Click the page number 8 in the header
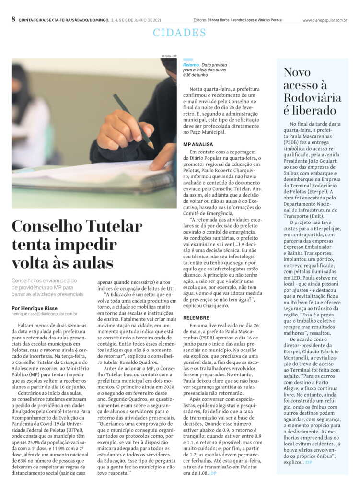click(x=13, y=19)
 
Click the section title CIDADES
click(x=179, y=33)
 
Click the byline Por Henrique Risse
click(x=35, y=308)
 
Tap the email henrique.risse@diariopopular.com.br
click(x=44, y=314)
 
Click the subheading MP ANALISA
click(x=198, y=144)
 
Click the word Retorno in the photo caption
click(x=191, y=64)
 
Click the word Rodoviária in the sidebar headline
click(x=313, y=98)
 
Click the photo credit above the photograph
click(x=169, y=56)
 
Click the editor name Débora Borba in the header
click(x=219, y=20)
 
